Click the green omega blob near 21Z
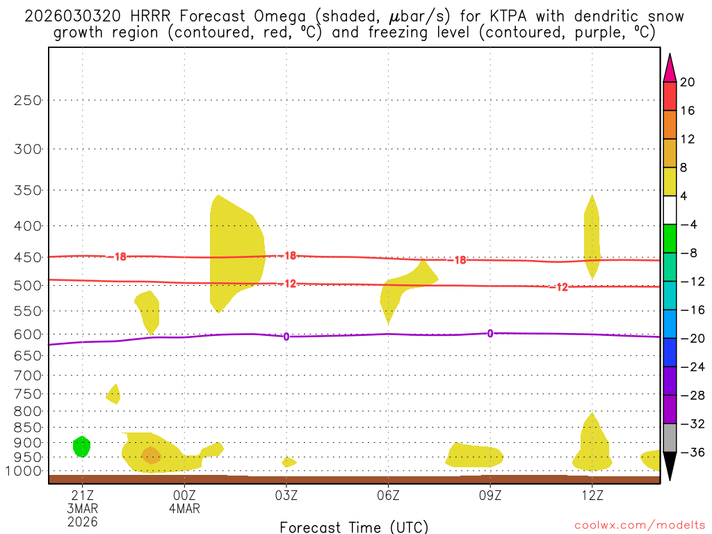click(82, 446)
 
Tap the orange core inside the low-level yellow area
click(151, 455)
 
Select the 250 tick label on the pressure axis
click(28, 100)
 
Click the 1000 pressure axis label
click(25, 471)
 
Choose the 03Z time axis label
click(286, 495)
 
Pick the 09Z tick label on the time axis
click(490, 495)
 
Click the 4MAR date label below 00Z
click(184, 508)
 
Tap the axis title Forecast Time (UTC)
click(355, 526)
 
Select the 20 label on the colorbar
click(688, 82)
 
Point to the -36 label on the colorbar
click(690, 453)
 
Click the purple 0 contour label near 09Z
click(490, 334)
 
